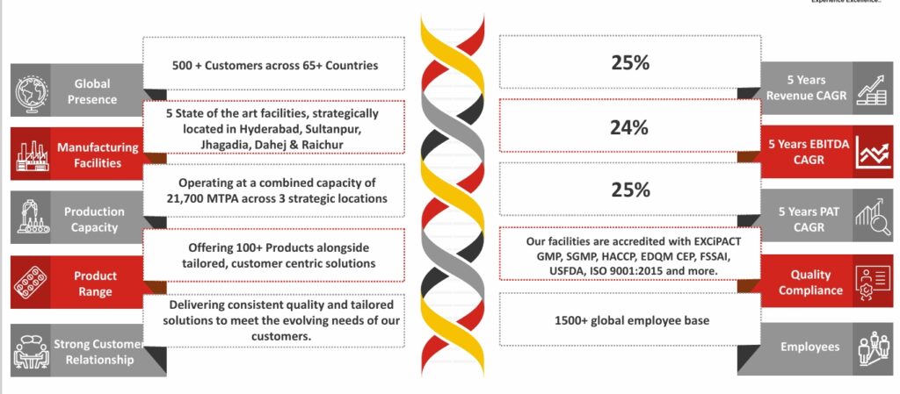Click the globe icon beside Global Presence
[x=31, y=90]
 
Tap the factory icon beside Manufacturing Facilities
[x=31, y=154]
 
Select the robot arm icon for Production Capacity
[x=31, y=218]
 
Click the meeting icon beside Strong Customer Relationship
[x=31, y=349]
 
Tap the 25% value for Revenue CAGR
[x=629, y=63]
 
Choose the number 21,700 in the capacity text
[x=199, y=198]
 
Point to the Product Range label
[x=95, y=283]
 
